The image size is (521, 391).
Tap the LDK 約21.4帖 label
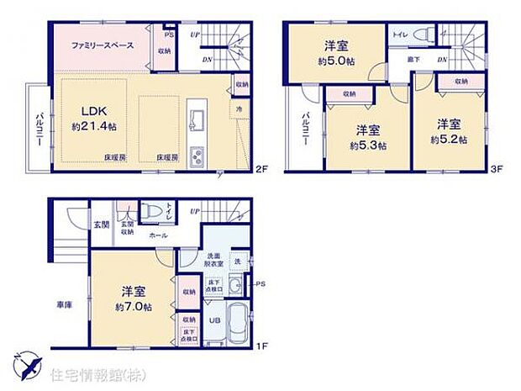93,119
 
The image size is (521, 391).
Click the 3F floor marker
497,169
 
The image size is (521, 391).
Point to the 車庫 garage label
64,304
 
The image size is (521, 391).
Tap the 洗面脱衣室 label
214,261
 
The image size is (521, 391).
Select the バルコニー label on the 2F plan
39,127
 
